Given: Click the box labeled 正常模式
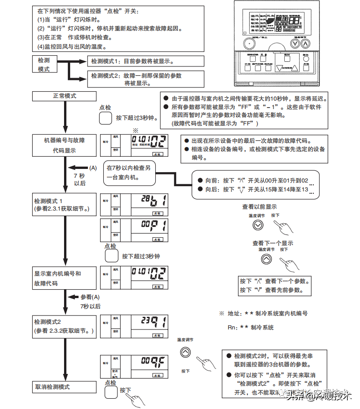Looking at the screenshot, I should (x=64, y=96).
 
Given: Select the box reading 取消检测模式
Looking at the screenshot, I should (x=64, y=387).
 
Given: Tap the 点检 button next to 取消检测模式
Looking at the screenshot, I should (x=111, y=391).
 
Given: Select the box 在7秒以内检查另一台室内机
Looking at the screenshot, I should (x=130, y=172).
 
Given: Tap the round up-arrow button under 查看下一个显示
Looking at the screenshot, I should (x=266, y=259).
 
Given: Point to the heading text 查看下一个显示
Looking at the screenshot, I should (x=273, y=243).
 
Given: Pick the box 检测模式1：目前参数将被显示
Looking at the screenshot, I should (x=146, y=61).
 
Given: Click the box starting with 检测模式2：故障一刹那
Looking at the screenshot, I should (x=146, y=79).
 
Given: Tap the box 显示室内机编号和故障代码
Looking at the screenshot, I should (x=64, y=278).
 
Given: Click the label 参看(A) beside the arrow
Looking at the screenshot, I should (x=90, y=297).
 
